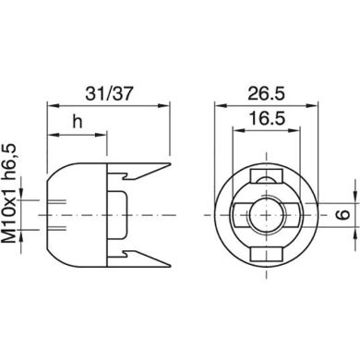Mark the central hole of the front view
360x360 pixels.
[264, 214]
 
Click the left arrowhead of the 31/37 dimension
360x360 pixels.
[49, 108]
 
